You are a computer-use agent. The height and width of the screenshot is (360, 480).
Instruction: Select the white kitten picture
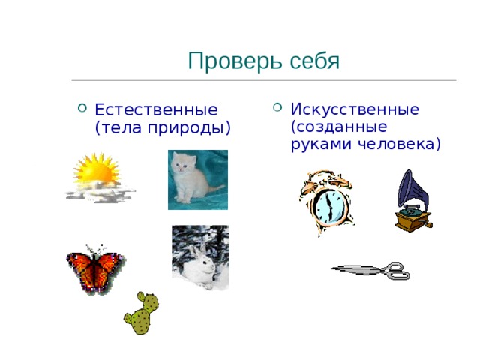tap(196, 180)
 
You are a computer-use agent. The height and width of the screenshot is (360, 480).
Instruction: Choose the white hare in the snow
tap(200, 259)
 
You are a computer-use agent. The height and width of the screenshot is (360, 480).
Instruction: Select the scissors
tap(370, 270)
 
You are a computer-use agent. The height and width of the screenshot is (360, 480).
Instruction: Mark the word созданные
tap(338, 127)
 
